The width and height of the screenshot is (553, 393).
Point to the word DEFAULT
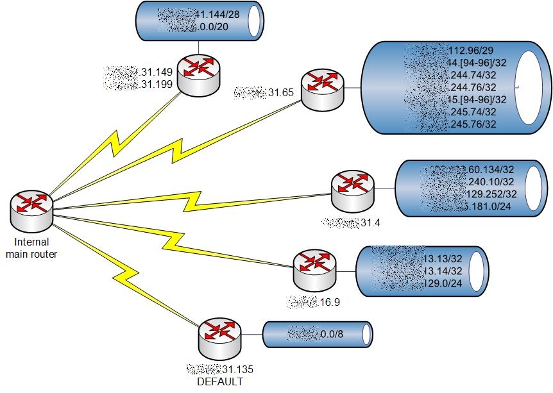pyautogui.click(x=220, y=381)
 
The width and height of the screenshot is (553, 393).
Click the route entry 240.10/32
pyautogui.click(x=488, y=181)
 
